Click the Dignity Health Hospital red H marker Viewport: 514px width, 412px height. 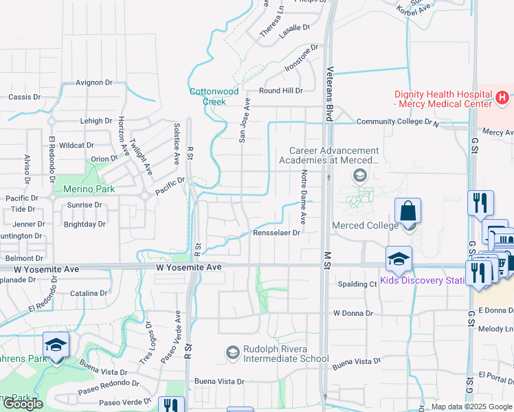[502, 98]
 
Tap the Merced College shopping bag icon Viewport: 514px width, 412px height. [408, 210]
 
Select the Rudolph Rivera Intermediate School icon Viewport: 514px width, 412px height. [232, 353]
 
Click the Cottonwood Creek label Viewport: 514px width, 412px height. [214, 96]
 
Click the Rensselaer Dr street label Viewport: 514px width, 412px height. [276, 233]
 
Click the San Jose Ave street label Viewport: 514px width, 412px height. [244, 119]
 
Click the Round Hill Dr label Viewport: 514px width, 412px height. [280, 91]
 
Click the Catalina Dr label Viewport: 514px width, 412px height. [89, 293]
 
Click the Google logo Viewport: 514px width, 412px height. [23, 404]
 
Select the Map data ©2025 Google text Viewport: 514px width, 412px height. [471, 407]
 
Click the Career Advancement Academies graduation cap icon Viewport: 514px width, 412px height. [359, 176]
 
